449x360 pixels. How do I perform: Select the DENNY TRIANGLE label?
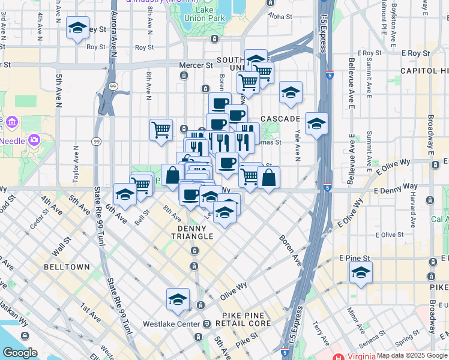[x=195, y=232]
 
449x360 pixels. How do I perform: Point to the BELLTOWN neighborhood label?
[x=67, y=266]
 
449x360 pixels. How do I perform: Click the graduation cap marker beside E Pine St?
[x=361, y=273]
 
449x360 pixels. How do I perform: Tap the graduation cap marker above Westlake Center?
[x=178, y=300]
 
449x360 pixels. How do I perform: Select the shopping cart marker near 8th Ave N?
[x=161, y=130]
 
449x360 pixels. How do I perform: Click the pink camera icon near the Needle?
[x=34, y=140]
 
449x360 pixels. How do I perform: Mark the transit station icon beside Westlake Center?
[x=206, y=324]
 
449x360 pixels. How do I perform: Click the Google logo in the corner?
[x=20, y=353]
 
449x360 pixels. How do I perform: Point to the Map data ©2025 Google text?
[x=411, y=355]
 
